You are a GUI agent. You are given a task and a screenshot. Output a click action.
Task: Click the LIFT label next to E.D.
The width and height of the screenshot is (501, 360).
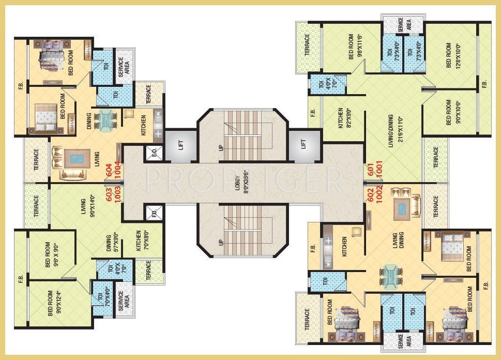180,145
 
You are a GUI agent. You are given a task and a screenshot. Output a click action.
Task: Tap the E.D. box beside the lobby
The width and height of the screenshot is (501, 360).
154,153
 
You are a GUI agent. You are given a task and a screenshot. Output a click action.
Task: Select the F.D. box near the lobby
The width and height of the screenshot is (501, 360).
154,213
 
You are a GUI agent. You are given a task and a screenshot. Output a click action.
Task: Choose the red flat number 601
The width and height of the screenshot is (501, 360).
371,169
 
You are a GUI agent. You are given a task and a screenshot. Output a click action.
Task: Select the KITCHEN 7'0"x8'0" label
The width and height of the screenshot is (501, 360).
142,241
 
